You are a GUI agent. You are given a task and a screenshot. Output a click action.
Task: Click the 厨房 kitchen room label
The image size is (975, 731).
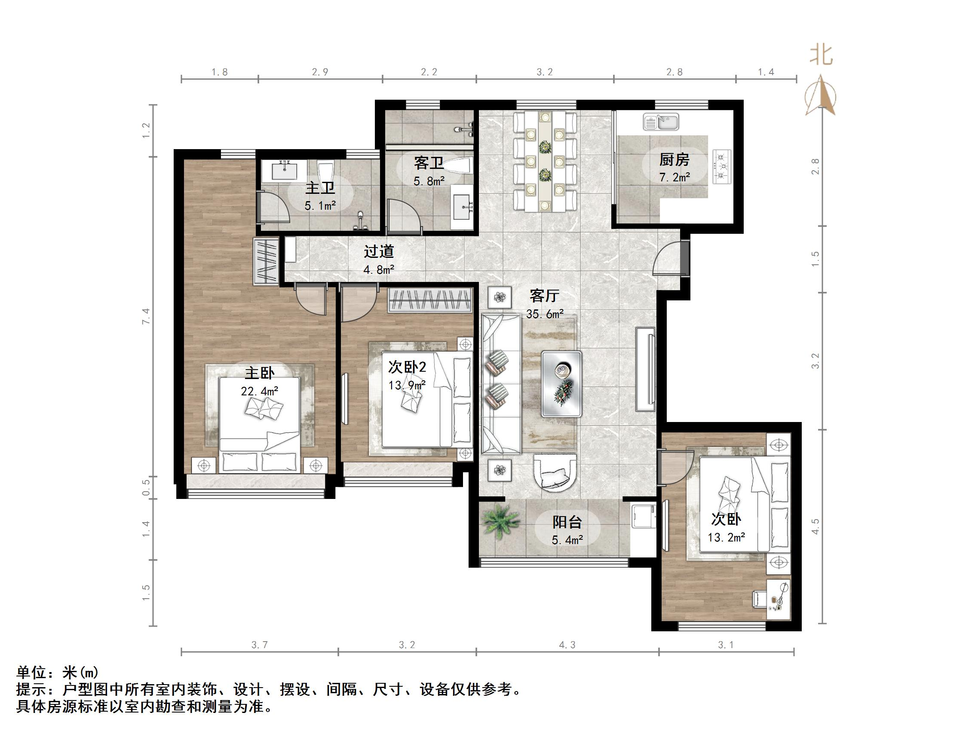(674, 159)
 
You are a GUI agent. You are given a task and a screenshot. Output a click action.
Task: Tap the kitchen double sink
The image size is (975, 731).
(661, 122)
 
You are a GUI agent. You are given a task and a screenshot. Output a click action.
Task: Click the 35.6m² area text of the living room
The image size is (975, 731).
(545, 314)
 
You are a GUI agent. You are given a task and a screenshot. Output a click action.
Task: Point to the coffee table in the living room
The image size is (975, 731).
(561, 384)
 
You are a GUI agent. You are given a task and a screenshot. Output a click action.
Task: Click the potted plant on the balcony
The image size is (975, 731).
(501, 521)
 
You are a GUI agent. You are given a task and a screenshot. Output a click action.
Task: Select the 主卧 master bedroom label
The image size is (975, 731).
(259, 373)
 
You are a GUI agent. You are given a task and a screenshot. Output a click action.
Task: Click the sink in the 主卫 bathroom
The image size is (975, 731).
(285, 170)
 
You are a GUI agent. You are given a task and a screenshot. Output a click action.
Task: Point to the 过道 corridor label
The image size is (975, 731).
(379, 251)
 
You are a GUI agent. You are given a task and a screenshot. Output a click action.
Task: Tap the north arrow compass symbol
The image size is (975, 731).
(820, 96)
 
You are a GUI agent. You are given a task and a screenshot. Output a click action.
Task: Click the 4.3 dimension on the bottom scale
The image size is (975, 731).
(567, 645)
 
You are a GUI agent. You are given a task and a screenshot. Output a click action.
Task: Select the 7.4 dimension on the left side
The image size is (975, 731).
(146, 316)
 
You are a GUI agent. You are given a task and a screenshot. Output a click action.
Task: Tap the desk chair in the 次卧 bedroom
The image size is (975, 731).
(759, 599)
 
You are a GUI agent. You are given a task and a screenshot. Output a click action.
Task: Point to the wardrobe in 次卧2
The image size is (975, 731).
(430, 300)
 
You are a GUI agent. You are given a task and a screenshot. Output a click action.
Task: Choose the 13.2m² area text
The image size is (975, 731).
(726, 538)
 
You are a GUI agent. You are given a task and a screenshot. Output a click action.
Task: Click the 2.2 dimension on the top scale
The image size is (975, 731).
(429, 72)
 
